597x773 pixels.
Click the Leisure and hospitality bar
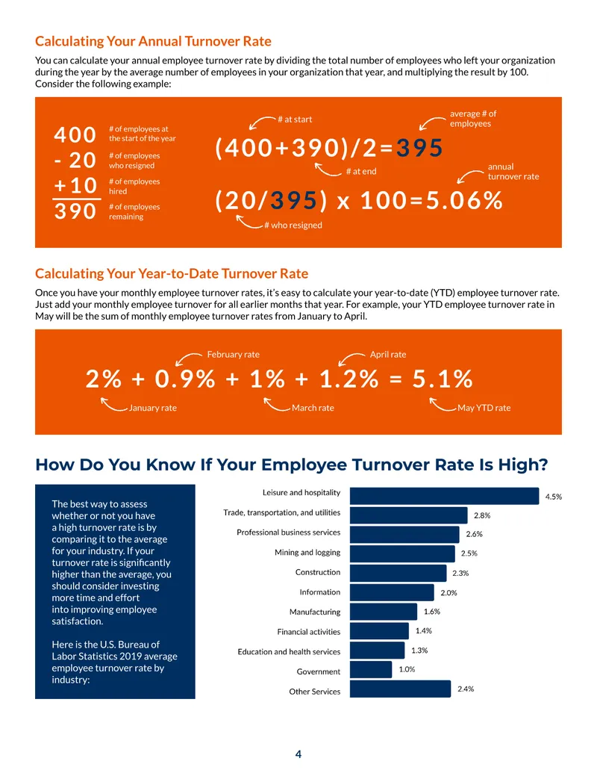click(x=444, y=496)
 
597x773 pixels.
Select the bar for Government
click(x=371, y=669)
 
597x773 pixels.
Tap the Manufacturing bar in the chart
click(x=384, y=612)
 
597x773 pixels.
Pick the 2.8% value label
click(x=482, y=515)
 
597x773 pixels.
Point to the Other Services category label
click(x=315, y=692)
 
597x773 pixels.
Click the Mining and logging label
click(x=307, y=553)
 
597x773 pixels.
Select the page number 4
click(x=298, y=754)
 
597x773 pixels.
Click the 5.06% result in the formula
click(x=464, y=201)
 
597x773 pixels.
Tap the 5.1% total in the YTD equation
click(x=443, y=379)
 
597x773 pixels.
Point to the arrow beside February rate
click(x=188, y=358)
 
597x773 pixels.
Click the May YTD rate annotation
click(x=484, y=408)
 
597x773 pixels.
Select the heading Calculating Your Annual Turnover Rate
click(x=153, y=41)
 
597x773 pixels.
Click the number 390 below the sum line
click(x=75, y=211)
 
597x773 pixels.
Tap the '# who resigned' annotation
click(x=293, y=226)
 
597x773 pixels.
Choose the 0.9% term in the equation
click(x=185, y=379)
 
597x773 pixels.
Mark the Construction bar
click(x=398, y=574)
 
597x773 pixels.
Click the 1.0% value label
click(x=407, y=669)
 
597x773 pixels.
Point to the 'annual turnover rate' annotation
click(x=513, y=172)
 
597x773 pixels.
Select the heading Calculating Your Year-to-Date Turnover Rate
click(x=172, y=273)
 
